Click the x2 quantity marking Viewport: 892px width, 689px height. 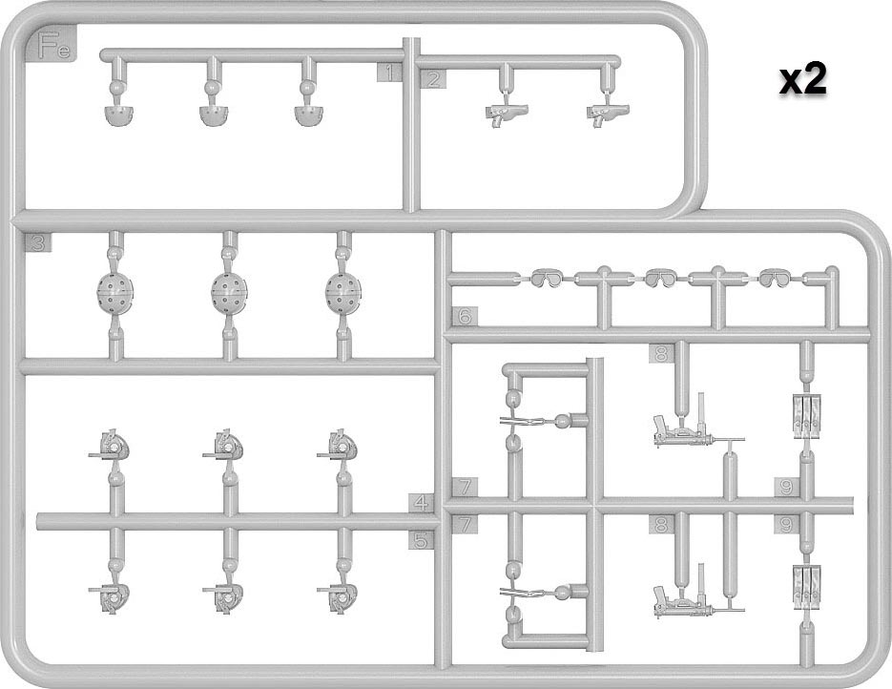(802, 80)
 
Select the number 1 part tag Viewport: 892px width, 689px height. (389, 73)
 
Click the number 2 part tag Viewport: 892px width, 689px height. (433, 79)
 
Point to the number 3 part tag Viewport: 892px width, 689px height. (38, 243)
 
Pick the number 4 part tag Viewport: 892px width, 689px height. (421, 503)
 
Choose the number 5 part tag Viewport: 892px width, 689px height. (421, 540)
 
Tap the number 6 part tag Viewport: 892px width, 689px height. (465, 316)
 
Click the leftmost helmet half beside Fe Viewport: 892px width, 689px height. (117, 115)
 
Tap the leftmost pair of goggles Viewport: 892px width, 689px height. (547, 279)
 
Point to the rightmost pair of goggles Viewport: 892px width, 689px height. (775, 279)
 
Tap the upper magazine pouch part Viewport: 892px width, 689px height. (807, 417)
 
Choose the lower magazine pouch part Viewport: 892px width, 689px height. (807, 587)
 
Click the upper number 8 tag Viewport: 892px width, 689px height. (661, 354)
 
